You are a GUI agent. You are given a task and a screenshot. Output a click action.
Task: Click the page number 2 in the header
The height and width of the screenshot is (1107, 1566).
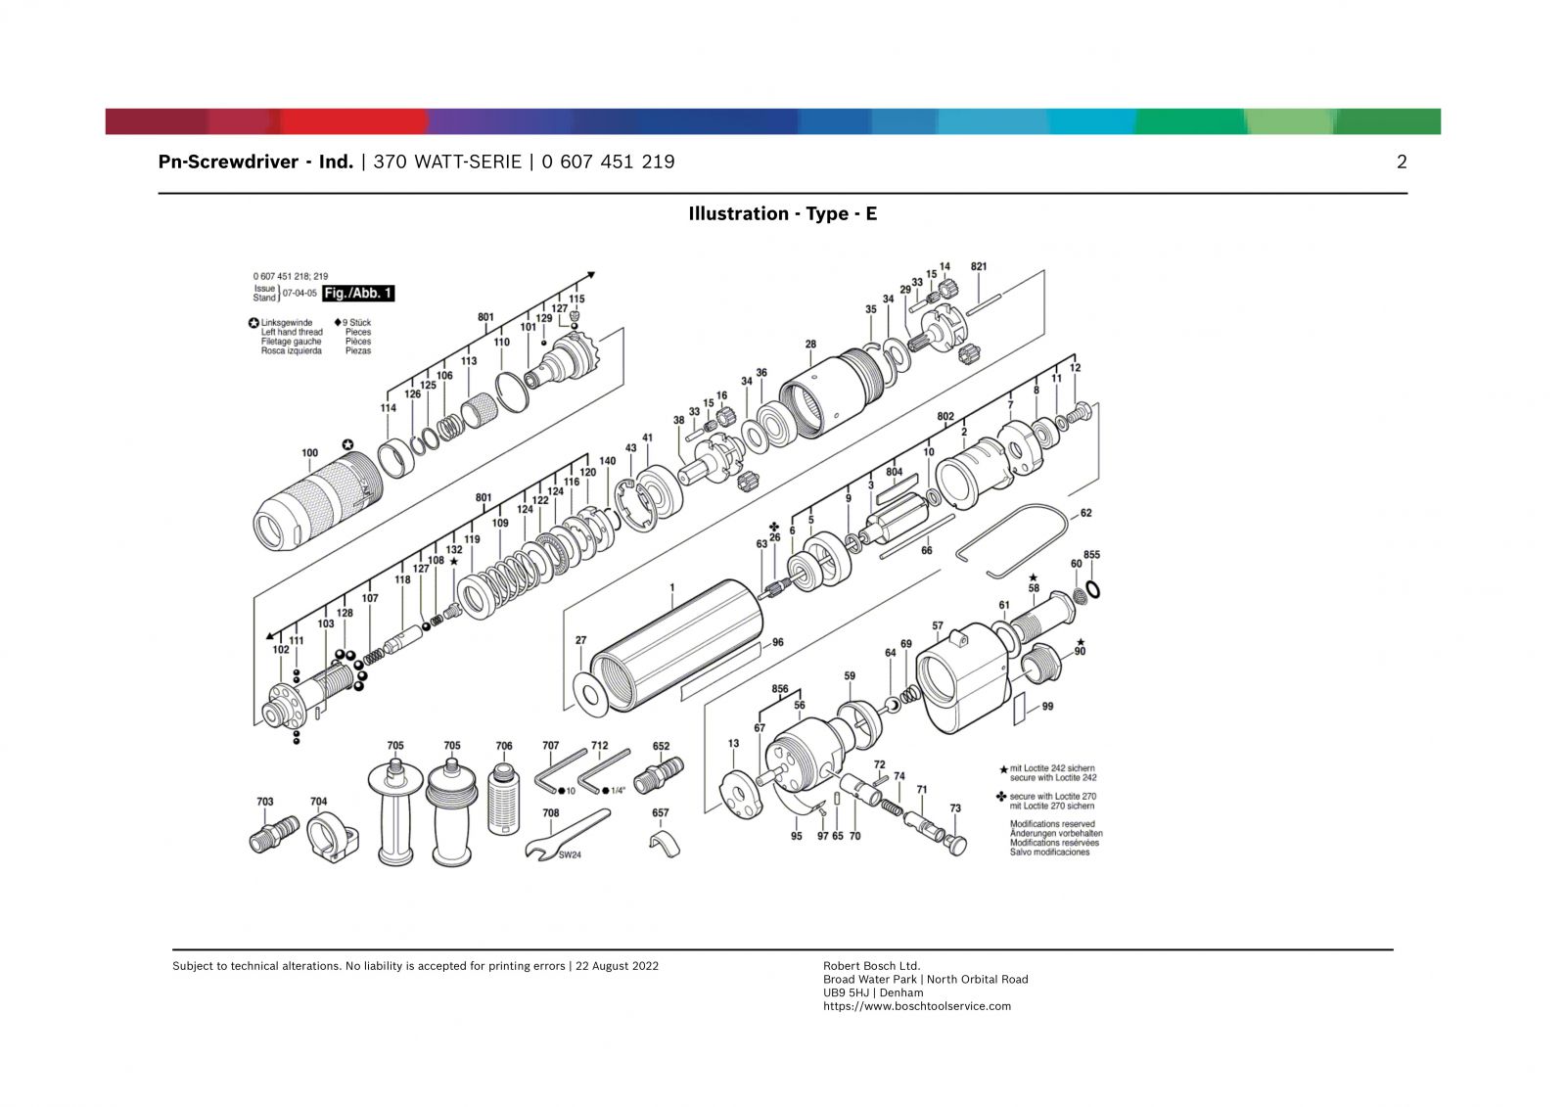coord(1402,162)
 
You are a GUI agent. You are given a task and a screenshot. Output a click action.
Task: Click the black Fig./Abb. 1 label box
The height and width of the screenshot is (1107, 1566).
coord(358,293)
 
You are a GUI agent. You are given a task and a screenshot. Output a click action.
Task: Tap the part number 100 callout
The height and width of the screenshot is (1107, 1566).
coord(309,453)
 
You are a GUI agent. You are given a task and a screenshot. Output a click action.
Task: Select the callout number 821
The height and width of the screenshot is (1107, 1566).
coord(979,266)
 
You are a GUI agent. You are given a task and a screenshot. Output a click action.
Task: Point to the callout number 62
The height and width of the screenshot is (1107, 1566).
coord(1085,513)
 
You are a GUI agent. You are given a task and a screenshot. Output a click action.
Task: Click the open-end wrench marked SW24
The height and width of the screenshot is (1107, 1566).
coord(567,835)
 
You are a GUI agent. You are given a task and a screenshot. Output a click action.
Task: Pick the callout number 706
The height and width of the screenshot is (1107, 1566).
coord(504,746)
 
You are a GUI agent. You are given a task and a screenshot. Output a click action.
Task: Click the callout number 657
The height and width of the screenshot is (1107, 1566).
coord(660,812)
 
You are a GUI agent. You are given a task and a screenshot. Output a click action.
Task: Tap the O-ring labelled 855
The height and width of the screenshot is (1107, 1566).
coord(1093,590)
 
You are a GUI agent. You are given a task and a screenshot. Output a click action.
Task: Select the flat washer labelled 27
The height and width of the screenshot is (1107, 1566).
coord(591,695)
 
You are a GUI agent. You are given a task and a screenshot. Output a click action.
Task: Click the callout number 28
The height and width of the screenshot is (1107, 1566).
coord(810,345)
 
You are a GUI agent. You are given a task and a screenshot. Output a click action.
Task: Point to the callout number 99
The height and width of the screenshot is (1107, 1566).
coord(1047,707)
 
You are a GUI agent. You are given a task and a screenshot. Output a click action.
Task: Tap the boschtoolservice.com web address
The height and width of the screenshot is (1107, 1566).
coord(916,1006)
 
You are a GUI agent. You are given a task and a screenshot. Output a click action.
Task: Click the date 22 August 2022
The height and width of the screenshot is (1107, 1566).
coord(618,966)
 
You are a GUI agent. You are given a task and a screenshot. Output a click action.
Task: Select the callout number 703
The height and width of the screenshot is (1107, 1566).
coord(265,802)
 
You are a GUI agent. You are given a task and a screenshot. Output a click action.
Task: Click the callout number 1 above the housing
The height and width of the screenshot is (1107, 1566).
coord(671,587)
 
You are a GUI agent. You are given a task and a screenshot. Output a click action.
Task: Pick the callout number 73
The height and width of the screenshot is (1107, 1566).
coord(955,808)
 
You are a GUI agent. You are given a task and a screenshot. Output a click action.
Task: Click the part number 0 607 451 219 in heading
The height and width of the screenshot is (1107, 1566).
coord(608,162)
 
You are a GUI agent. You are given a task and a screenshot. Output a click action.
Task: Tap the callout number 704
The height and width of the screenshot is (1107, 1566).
coord(319,802)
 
